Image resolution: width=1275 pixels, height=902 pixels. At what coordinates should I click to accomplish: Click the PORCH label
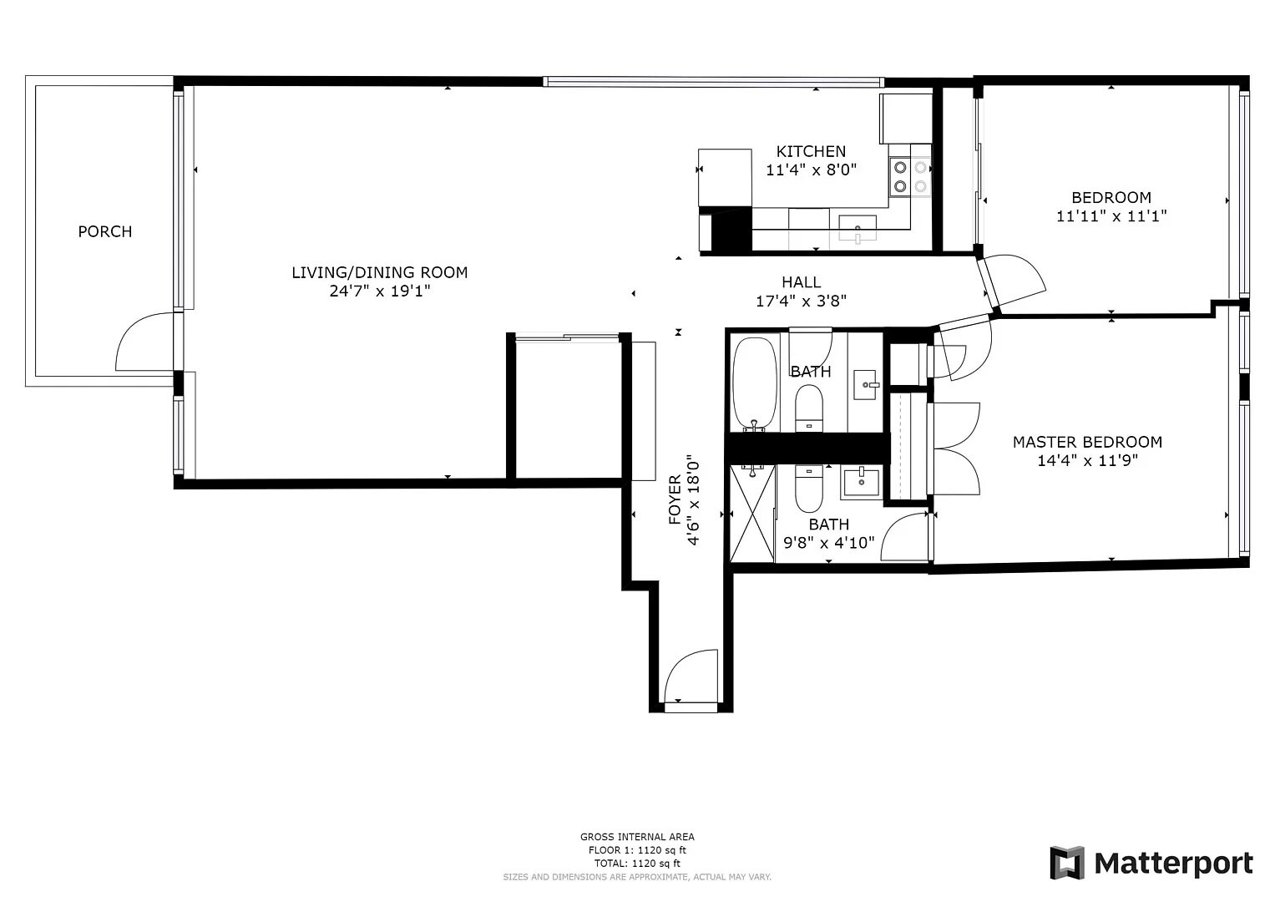point(105,231)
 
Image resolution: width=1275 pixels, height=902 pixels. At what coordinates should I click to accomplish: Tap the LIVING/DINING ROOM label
point(379,272)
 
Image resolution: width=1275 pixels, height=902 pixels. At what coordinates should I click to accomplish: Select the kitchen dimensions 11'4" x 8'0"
point(811,170)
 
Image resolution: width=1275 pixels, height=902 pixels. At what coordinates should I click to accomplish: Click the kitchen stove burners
point(910,175)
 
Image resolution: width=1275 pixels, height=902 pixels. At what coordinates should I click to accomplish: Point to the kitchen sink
point(858,228)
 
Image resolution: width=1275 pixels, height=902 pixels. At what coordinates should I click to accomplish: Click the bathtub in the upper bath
point(755,383)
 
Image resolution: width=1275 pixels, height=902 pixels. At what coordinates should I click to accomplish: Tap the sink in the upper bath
point(866,385)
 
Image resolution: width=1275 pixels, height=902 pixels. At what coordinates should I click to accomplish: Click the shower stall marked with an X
point(752,514)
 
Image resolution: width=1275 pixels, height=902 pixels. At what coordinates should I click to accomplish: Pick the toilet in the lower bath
point(808,490)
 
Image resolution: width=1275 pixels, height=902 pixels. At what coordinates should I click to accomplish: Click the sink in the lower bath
point(861,483)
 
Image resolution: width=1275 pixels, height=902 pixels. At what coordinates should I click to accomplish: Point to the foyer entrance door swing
point(691,676)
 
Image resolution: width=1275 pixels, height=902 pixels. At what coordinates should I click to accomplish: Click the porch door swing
point(147,342)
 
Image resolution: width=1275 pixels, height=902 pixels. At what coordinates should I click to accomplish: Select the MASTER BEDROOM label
point(1087,442)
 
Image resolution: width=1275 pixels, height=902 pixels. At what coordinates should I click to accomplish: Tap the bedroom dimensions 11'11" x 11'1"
point(1111,216)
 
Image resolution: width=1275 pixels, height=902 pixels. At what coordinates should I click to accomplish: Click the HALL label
point(801,282)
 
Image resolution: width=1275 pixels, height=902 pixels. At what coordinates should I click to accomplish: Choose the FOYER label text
point(675,500)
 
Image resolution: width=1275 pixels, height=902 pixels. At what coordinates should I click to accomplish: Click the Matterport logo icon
point(1066,863)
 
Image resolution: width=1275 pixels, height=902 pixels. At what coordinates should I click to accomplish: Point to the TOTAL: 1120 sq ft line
point(637,864)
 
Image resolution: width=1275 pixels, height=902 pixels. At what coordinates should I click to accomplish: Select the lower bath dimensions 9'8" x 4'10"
point(828,543)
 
